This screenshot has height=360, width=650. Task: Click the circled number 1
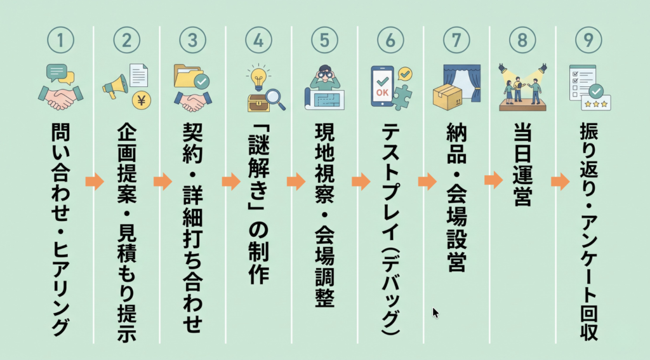point(60,40)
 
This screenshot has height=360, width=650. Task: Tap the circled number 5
point(324,40)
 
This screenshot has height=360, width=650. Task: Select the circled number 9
point(588,40)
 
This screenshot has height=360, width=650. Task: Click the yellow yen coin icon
point(142,100)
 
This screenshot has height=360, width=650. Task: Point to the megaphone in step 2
point(115,86)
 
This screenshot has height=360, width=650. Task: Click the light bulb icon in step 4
point(258,77)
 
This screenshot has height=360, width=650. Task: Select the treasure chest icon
point(259,103)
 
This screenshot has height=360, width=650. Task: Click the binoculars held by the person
point(324,74)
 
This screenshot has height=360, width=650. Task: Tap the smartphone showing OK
point(381,86)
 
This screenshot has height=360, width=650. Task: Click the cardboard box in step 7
point(448,97)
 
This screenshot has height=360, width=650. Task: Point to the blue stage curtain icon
point(462,83)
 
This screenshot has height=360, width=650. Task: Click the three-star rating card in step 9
point(596,103)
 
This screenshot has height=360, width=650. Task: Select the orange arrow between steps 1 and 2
point(95,181)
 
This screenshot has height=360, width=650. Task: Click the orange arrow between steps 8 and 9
point(560,181)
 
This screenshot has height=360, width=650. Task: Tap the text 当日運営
point(522,164)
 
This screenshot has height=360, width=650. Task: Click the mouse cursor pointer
point(435,312)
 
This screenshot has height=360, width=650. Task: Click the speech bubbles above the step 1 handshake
point(60,74)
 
